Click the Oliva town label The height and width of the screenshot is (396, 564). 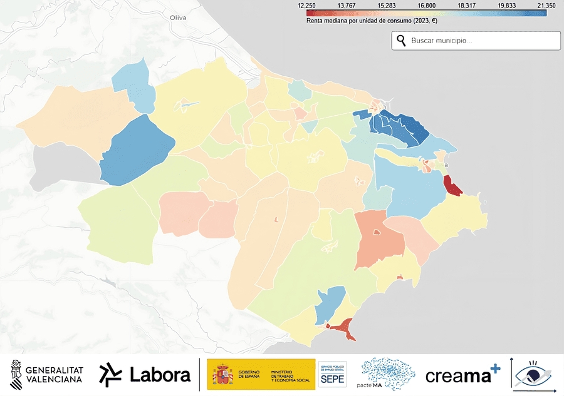178,18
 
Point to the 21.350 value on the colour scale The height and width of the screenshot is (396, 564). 546,5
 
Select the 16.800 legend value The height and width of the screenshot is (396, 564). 426,5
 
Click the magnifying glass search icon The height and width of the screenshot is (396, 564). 401,41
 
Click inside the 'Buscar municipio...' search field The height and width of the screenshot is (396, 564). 483,41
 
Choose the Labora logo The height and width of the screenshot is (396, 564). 145,375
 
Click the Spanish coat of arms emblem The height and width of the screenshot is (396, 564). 222,375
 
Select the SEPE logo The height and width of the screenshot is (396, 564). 333,375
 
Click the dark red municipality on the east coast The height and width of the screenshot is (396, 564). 451,185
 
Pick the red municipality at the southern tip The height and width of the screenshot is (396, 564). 340,327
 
